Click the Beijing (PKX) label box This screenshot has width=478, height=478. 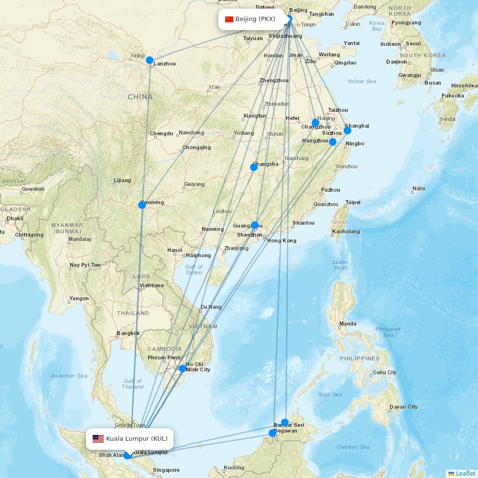point(250,19)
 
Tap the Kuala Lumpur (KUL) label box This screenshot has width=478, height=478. point(130,439)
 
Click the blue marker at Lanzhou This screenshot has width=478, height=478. point(150,60)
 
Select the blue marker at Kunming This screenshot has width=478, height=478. point(142,205)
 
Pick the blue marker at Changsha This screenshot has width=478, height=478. point(254,167)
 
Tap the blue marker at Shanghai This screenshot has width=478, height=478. point(348,130)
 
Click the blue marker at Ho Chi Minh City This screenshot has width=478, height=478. point(183,369)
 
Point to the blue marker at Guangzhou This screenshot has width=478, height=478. point(255,225)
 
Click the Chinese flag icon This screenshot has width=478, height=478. point(229,19)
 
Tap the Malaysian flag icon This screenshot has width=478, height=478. point(98,439)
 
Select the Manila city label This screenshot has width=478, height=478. point(348,324)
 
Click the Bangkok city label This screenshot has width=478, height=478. point(128,333)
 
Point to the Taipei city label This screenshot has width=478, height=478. point(353,202)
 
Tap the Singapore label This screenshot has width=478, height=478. point(166,470)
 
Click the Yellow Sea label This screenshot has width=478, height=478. point(361,81)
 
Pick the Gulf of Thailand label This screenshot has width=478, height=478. point(133,384)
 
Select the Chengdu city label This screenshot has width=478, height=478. point(161,133)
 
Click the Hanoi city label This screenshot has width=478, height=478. point(174,250)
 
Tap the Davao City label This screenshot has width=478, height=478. point(403,407)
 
